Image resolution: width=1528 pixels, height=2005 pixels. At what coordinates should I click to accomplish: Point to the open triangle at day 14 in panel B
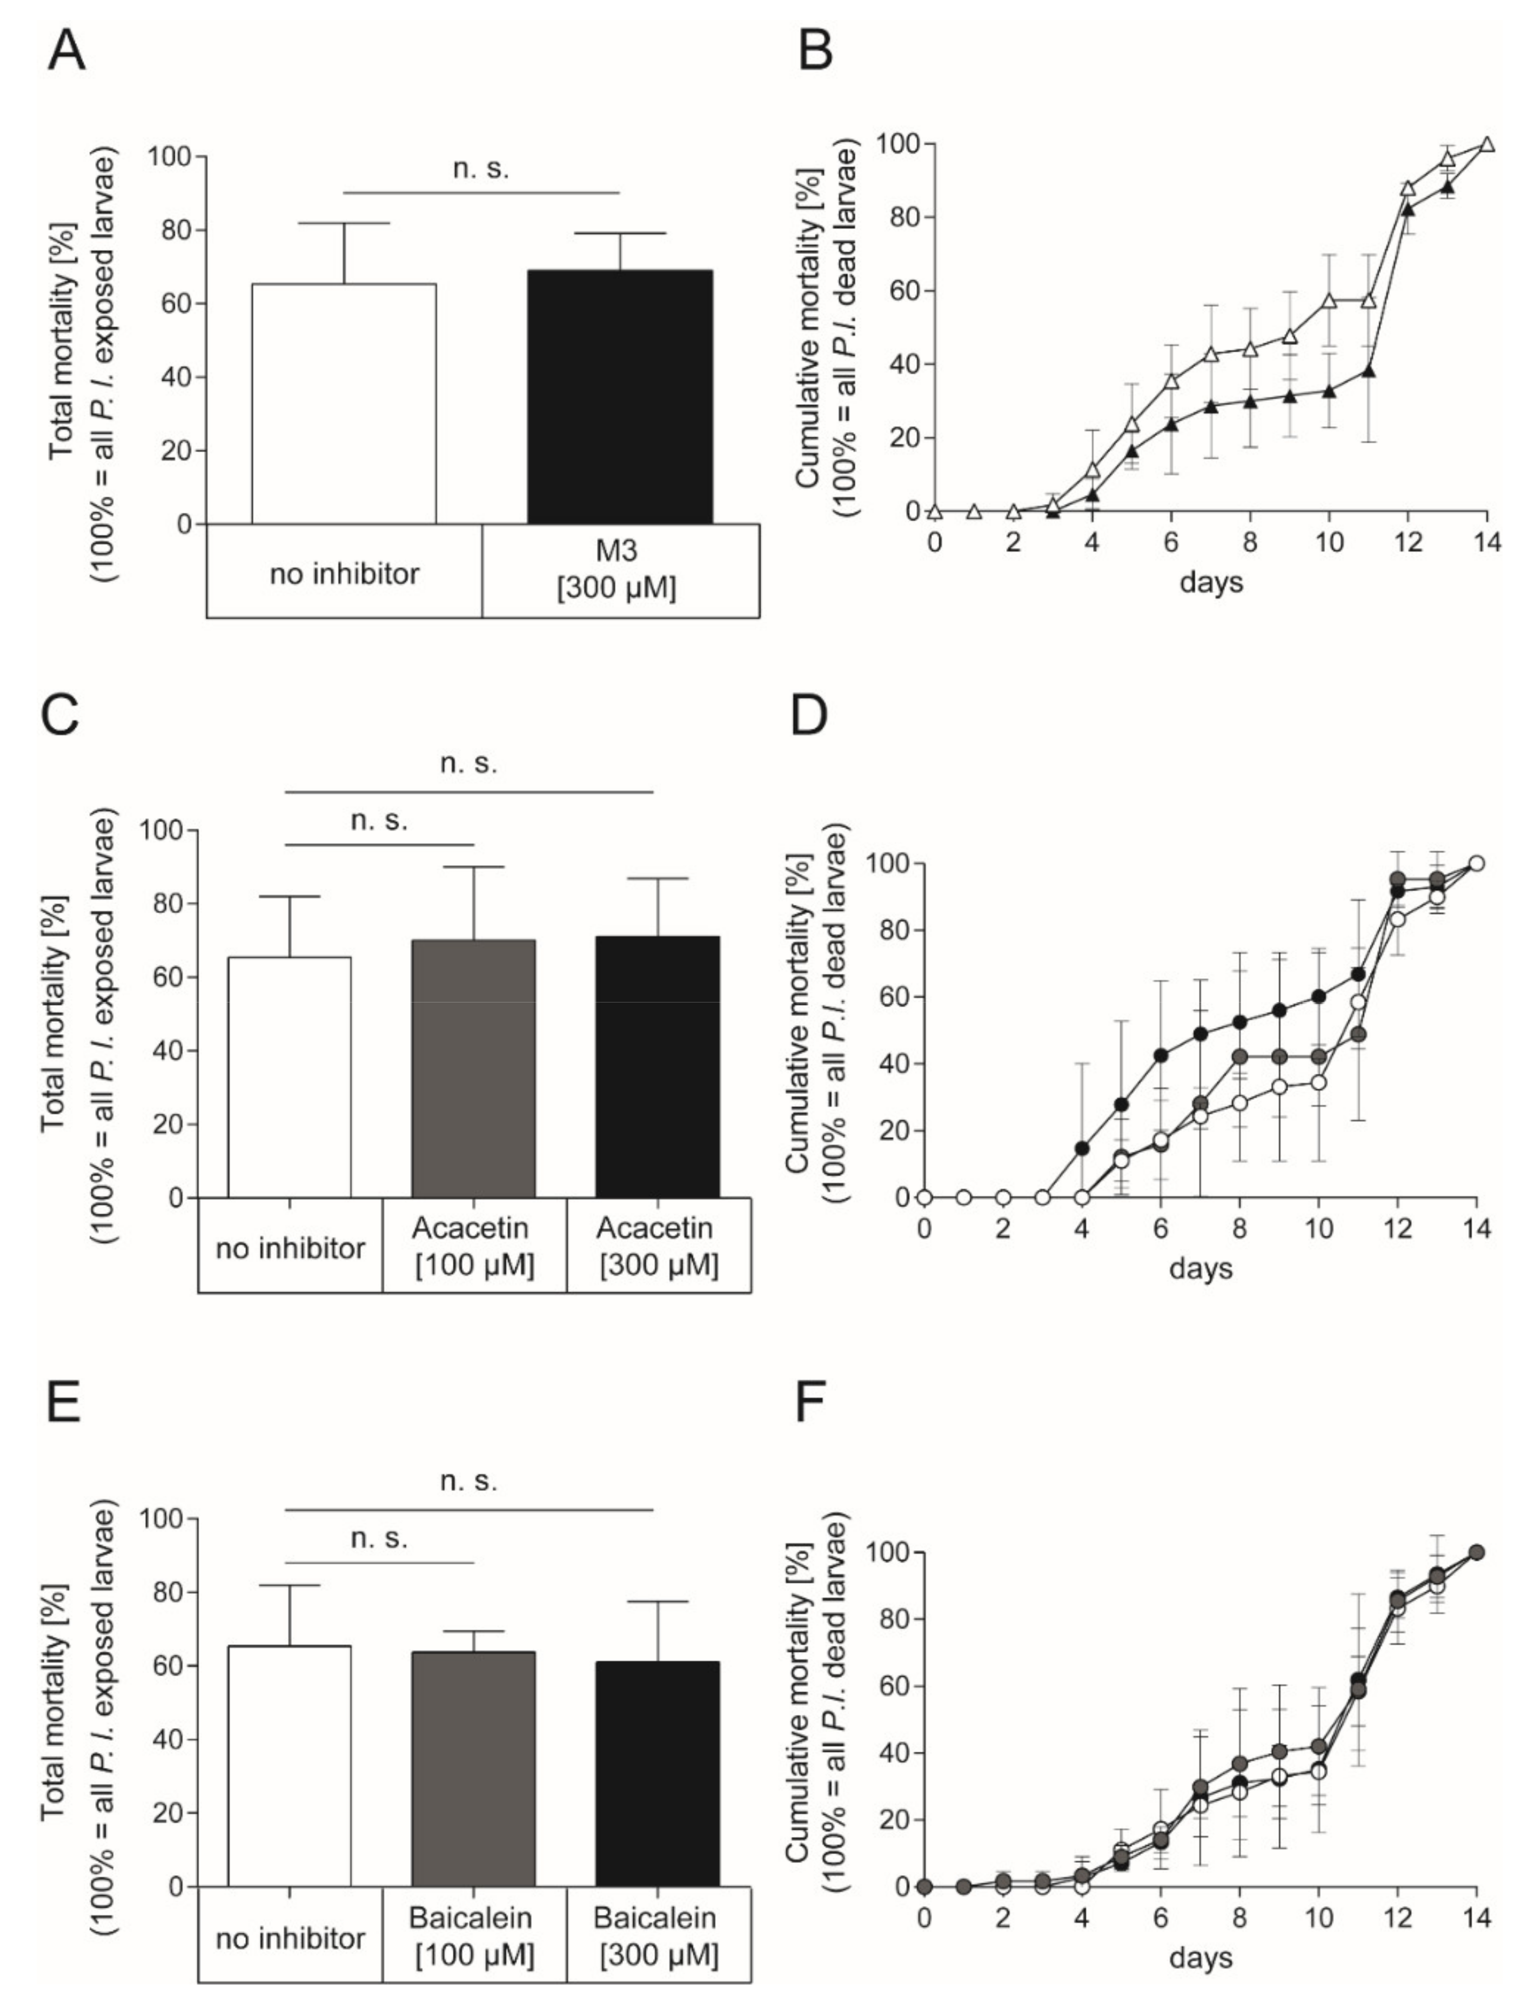1487,144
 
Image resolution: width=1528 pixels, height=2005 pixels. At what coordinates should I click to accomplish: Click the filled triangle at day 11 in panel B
1368,371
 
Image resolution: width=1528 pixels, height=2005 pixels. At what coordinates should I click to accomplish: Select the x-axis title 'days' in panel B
1211,581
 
